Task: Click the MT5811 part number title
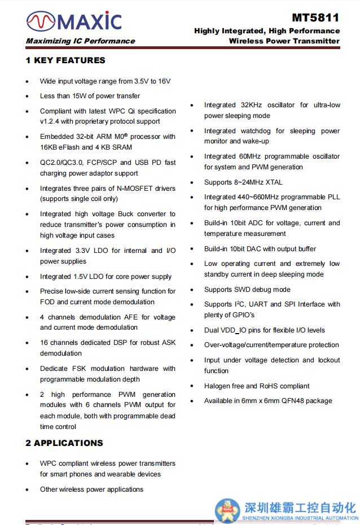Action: tap(315, 19)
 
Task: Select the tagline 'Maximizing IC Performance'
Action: tap(80, 41)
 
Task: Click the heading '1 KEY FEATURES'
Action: tap(65, 60)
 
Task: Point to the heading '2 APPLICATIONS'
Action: tap(64, 443)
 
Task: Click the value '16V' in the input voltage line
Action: tap(164, 81)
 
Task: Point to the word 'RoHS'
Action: tap(265, 386)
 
